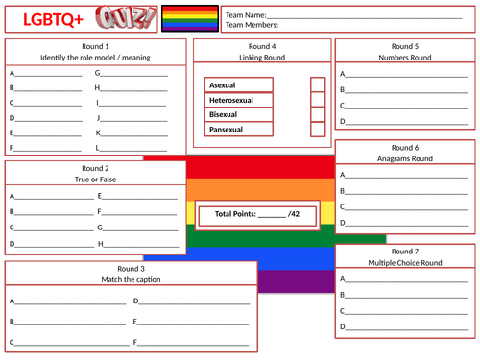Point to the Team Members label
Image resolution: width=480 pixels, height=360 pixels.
click(252, 26)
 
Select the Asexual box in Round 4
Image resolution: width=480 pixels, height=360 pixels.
click(238, 84)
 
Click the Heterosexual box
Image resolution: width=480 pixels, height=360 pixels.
click(238, 99)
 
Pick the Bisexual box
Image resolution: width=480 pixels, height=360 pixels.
click(238, 114)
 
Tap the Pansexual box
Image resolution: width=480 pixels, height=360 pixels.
click(238, 129)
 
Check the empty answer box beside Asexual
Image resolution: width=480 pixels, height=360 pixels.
click(318, 84)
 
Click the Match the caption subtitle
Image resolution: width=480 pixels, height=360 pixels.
click(130, 279)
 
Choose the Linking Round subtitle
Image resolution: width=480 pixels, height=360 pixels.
click(262, 57)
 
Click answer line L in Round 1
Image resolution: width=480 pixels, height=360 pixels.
click(136, 148)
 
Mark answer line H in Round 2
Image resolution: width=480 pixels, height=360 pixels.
click(140, 244)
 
